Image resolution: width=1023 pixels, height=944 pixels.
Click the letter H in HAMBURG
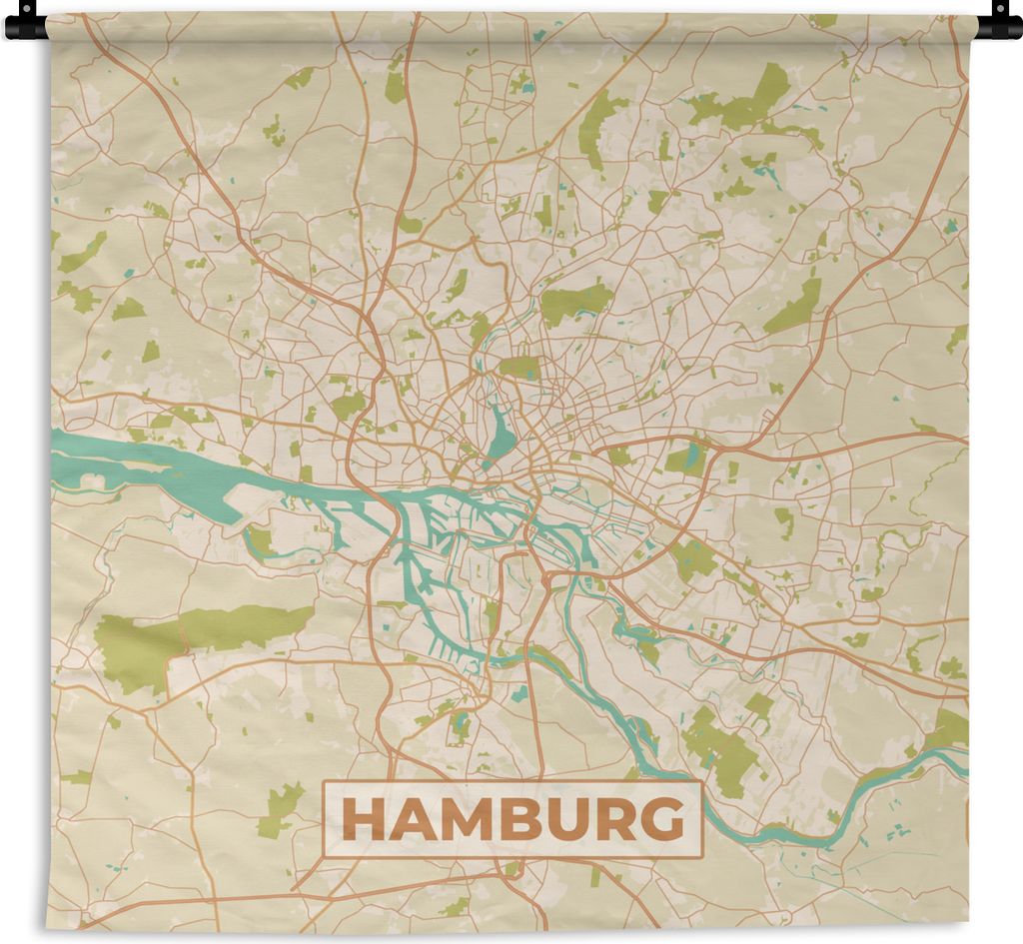(361, 820)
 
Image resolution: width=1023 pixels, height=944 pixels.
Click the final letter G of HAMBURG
(663, 820)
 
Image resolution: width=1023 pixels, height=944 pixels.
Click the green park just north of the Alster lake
(519, 368)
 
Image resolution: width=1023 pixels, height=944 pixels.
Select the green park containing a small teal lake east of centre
(687, 458)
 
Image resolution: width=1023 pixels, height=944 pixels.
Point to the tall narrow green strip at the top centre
(396, 80)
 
